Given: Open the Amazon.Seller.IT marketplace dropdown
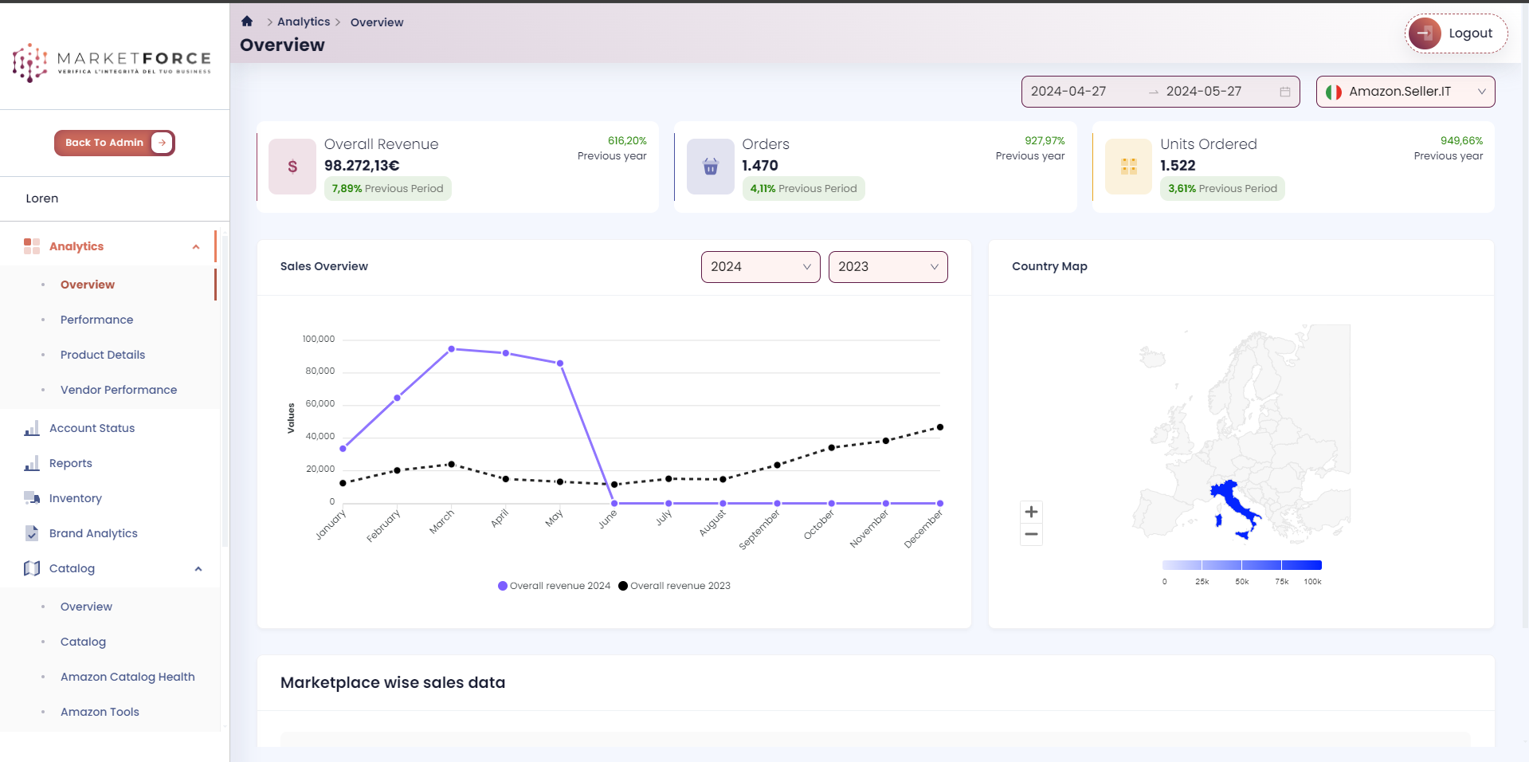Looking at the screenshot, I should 1405,92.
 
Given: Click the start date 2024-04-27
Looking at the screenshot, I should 1068,92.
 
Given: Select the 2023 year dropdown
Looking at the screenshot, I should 888,267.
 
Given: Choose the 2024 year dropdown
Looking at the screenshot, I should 760,267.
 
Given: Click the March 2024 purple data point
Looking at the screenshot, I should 452,349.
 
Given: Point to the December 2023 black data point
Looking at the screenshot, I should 940,427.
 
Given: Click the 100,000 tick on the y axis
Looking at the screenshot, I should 319,340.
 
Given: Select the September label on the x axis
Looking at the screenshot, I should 760,529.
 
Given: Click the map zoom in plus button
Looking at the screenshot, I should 1031,512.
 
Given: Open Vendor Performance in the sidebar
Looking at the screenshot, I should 119,390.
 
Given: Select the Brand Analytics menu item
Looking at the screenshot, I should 93,533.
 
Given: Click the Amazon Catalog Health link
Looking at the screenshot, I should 127,677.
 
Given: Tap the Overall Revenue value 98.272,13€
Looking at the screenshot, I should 362,166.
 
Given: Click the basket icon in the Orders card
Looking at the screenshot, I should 711,167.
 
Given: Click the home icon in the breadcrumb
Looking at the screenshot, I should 247,22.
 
